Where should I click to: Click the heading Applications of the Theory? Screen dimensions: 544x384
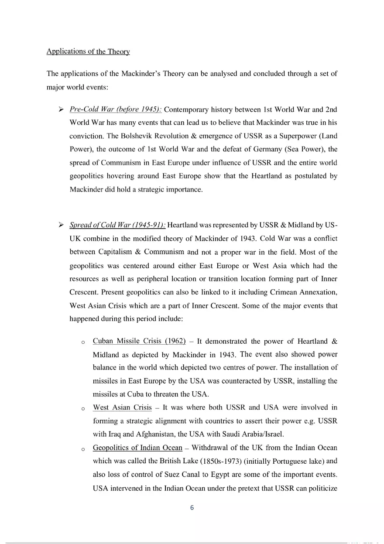coord(88,51)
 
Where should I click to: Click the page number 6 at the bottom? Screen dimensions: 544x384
coord(192,508)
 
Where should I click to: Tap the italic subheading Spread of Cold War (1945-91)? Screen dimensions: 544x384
coord(117,225)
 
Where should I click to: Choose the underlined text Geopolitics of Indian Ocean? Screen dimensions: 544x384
coord(137,448)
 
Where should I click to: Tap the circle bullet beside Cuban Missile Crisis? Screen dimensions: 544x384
coord(83,342)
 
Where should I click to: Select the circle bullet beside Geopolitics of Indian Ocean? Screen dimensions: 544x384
coord(83,449)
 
